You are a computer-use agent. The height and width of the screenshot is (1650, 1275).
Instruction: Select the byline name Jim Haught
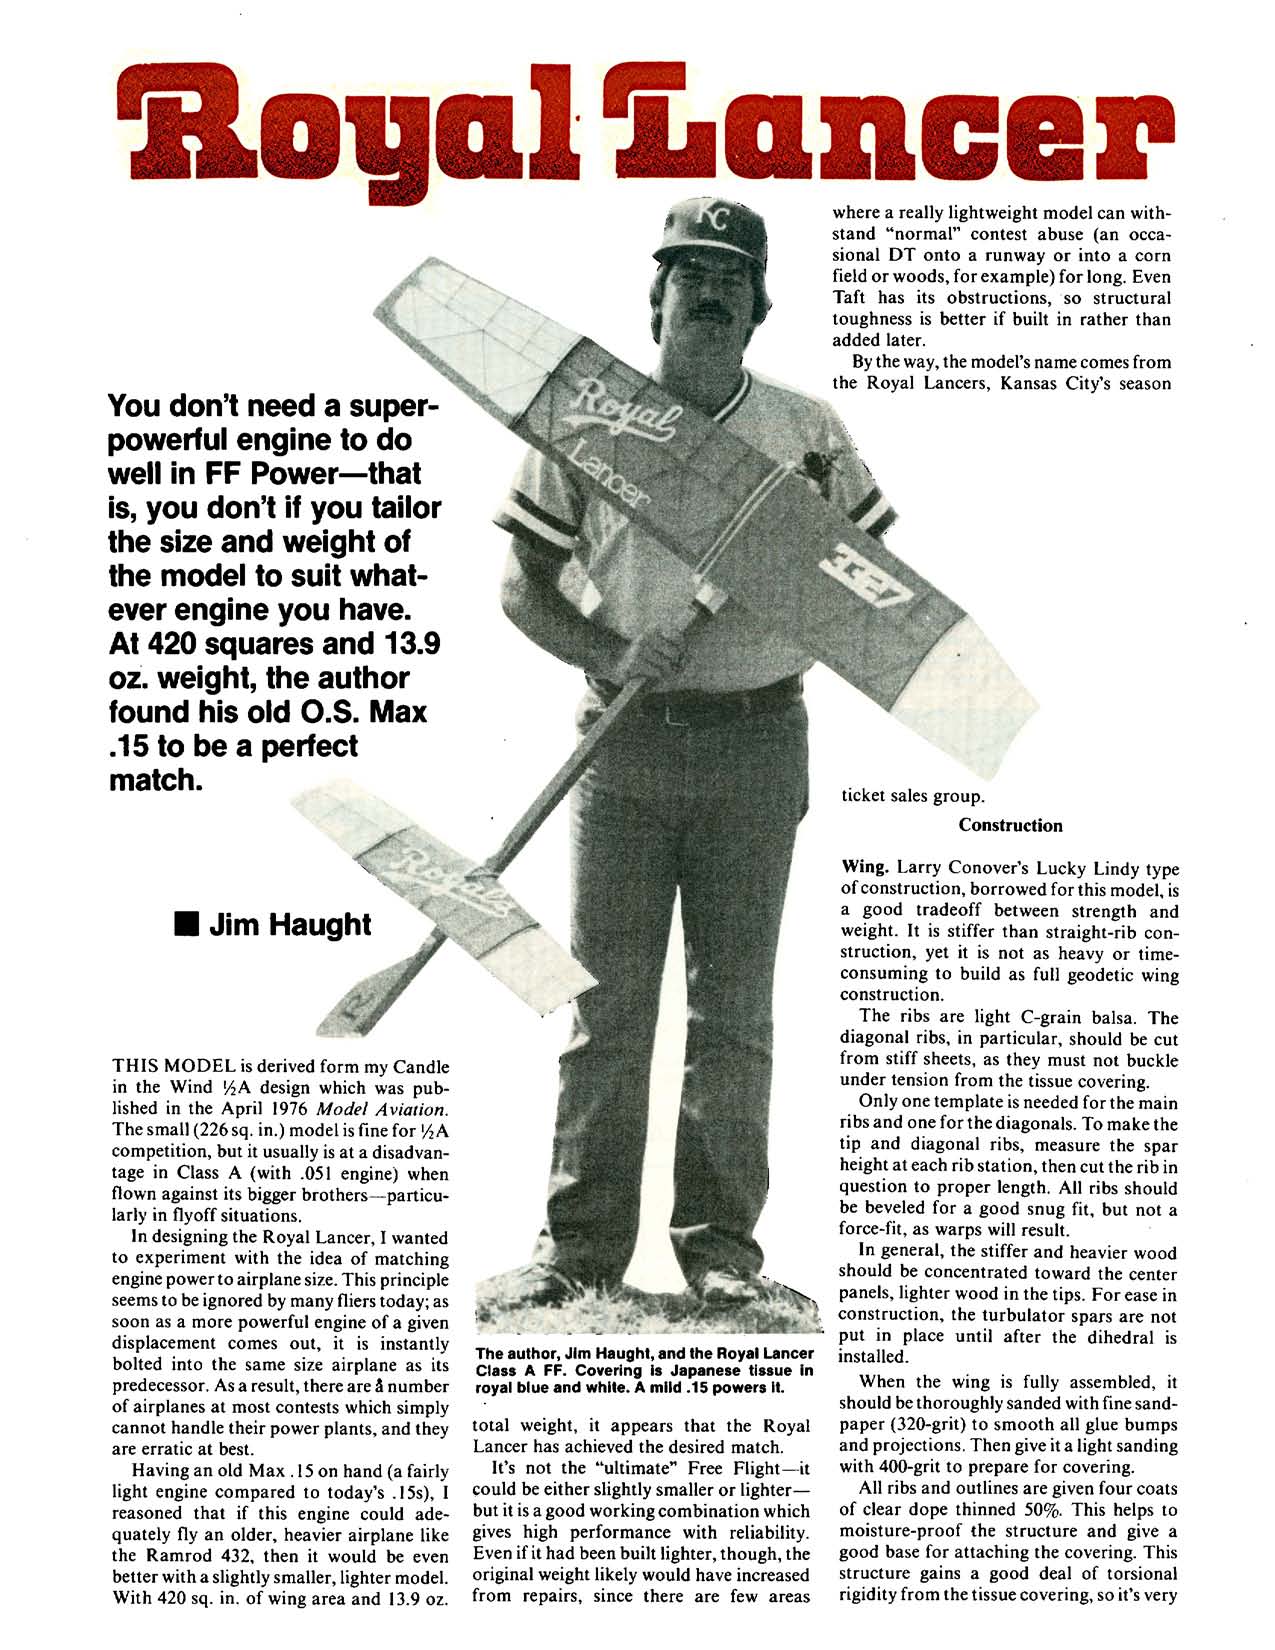point(289,924)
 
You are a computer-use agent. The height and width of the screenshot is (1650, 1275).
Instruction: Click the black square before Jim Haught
point(184,924)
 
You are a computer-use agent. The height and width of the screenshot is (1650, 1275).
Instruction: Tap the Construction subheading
point(1010,825)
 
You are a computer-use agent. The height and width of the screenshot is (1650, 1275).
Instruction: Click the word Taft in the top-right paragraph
point(851,297)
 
